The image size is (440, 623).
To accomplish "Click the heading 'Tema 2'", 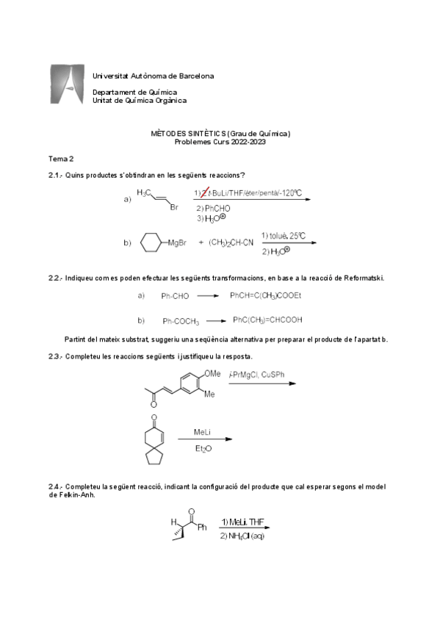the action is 60,159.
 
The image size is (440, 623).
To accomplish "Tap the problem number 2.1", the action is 56,175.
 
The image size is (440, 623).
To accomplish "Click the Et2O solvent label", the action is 202,448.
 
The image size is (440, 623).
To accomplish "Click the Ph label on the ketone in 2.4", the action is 203,526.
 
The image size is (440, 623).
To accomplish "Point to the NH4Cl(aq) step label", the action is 242,536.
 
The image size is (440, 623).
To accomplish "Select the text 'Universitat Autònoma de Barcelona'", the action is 154,76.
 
